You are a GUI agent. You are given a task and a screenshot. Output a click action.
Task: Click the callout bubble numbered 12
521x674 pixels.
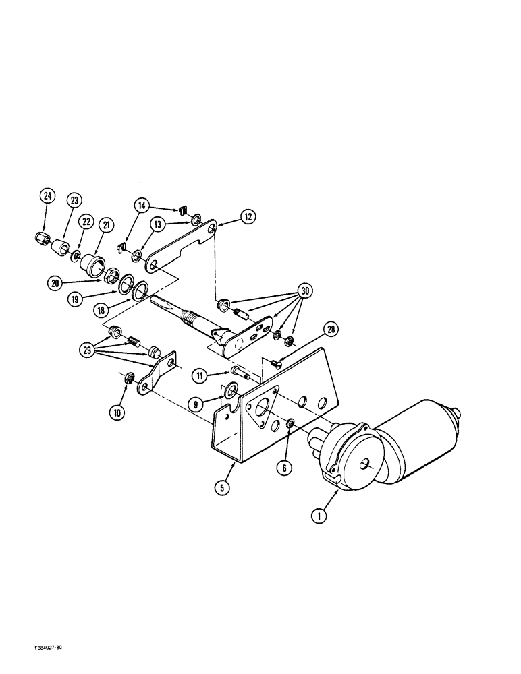point(247,216)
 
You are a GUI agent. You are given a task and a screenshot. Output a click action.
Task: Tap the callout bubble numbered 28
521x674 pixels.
point(331,330)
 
